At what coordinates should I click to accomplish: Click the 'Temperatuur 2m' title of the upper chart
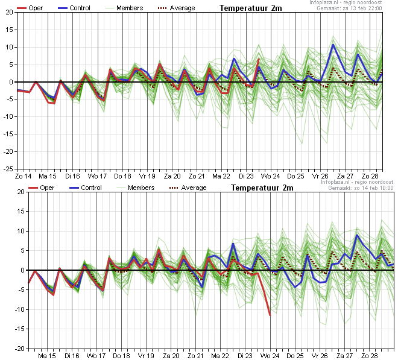tap(250, 8)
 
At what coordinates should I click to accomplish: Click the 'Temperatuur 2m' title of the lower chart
tap(262, 188)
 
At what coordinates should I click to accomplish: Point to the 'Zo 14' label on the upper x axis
tap(23, 176)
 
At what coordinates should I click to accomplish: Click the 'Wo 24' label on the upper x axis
tap(271, 176)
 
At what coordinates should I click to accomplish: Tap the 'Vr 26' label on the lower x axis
tap(320, 356)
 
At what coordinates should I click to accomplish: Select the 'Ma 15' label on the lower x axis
tap(47, 356)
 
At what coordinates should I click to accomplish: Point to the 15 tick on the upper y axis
tap(10, 30)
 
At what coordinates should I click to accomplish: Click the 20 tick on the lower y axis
tap(22, 192)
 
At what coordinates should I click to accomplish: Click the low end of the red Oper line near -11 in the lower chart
tap(270, 315)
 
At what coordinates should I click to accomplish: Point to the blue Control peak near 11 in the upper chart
tap(333, 45)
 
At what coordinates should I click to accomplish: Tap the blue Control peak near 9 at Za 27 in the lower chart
tap(357, 235)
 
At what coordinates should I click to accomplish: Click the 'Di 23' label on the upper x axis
tap(246, 176)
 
